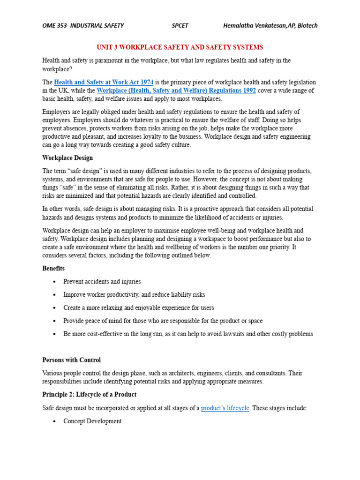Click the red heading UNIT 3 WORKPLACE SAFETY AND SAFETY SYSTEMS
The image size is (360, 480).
pyautogui.click(x=180, y=47)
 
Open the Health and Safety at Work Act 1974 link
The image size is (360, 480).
pyautogui.click(x=104, y=82)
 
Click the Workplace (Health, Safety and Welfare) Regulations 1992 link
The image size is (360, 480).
pyautogui.click(x=176, y=90)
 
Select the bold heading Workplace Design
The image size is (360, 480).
pyautogui.click(x=67, y=158)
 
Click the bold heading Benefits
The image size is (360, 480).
pyautogui.click(x=53, y=269)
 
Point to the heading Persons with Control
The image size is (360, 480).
pyautogui.click(x=71, y=360)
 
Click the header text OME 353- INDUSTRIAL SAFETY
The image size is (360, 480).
pyautogui.click(x=83, y=25)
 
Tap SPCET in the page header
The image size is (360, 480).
pyautogui.click(x=180, y=25)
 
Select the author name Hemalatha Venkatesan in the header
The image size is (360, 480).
pyautogui.click(x=258, y=25)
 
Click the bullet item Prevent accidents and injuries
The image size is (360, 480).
pyautogui.click(x=102, y=282)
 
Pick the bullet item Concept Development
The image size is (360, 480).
pyautogui.click(x=92, y=421)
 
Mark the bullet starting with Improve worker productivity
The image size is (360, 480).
pyautogui.click(x=134, y=295)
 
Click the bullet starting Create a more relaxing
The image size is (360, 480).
pyautogui.click(x=139, y=308)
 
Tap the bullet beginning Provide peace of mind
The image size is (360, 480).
pyautogui.click(x=163, y=321)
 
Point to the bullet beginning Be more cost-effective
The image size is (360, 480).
pyautogui.click(x=188, y=334)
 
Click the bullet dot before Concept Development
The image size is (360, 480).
pyautogui.click(x=55, y=422)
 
